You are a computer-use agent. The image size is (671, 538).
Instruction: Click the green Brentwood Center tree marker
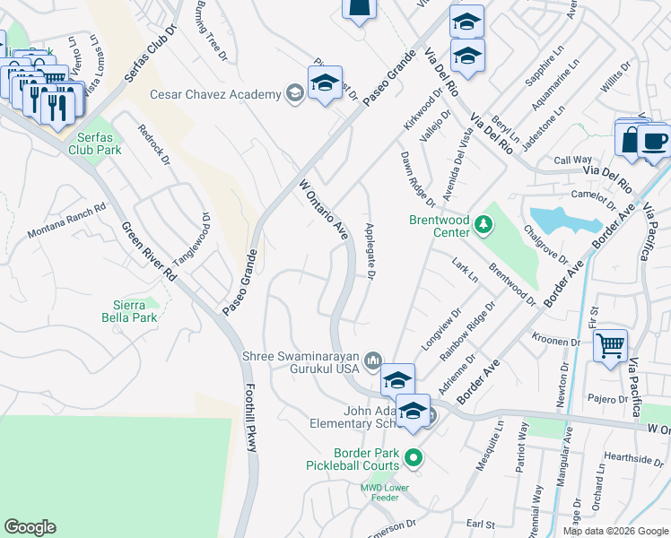pyautogui.click(x=484, y=223)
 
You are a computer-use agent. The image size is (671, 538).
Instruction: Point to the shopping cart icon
pyautogui.click(x=610, y=345)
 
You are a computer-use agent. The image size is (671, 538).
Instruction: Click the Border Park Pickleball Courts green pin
pyautogui.click(x=414, y=459)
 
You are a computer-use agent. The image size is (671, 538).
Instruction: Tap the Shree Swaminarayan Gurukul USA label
pyautogui.click(x=301, y=361)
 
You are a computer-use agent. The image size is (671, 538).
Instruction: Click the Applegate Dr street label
pyautogui.click(x=369, y=250)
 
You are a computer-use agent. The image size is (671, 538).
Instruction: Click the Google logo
pyautogui.click(x=30, y=527)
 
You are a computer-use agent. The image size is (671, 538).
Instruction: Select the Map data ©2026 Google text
pyautogui.click(x=615, y=531)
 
